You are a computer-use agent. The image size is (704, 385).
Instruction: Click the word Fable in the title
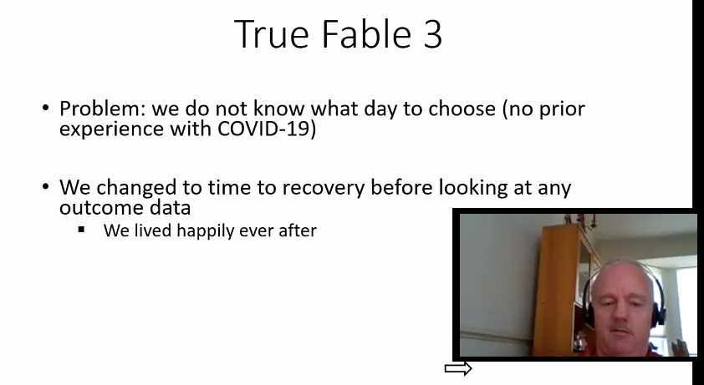367,33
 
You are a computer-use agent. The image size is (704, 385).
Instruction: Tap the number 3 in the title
432,34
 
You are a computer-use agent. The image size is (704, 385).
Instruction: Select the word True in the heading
272,33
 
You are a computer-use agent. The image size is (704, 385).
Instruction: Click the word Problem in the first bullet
103,109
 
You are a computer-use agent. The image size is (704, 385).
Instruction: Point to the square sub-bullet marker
81,230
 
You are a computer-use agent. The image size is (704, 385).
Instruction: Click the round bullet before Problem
45,108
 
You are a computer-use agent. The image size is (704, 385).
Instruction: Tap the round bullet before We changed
45,186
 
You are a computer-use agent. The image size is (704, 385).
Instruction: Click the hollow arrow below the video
458,369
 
